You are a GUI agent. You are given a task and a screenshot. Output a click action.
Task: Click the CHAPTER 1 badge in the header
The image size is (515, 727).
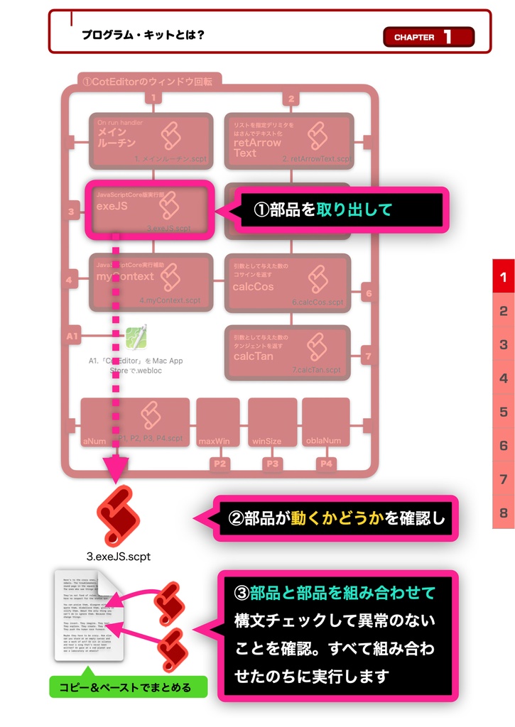click(x=428, y=37)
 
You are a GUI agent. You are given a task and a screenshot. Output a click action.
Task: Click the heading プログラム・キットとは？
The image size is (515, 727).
click(x=143, y=34)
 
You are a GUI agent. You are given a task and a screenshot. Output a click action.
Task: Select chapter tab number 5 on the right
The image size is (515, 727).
click(x=503, y=412)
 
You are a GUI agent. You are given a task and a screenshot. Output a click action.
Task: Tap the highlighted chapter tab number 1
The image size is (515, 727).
click(x=503, y=276)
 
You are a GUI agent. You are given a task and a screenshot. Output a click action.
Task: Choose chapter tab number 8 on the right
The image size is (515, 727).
click(x=503, y=513)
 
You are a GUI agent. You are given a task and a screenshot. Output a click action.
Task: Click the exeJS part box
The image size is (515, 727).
click(x=149, y=209)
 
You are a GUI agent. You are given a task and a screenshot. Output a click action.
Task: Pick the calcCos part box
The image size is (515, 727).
click(x=287, y=283)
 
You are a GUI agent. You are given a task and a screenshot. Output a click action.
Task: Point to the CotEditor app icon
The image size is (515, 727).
click(x=136, y=337)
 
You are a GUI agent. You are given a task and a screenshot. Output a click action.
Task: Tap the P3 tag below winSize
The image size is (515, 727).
click(x=272, y=464)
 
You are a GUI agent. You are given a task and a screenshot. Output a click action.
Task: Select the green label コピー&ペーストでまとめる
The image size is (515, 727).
click(x=129, y=687)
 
